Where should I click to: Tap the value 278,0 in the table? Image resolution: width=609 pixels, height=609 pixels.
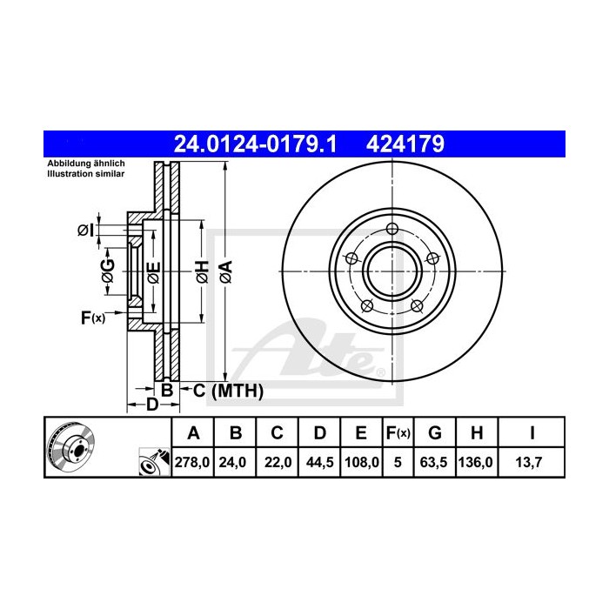(193, 463)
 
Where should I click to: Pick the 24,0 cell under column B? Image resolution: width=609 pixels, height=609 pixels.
(235, 463)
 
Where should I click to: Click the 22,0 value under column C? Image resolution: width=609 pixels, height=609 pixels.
(277, 463)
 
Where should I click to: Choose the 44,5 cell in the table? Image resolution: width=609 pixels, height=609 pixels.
(318, 463)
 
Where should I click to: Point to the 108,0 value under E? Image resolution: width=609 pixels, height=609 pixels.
(361, 463)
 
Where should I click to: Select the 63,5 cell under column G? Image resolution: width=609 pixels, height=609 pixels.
(436, 463)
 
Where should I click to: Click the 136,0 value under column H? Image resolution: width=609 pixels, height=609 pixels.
(477, 463)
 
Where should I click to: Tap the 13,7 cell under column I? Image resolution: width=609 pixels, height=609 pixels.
(531, 463)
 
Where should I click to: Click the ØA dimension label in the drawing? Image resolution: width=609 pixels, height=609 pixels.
(225, 271)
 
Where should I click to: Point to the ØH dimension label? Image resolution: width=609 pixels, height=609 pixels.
(200, 271)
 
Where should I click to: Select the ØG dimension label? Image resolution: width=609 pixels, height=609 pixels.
(108, 272)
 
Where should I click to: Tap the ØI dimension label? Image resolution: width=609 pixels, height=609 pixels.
(85, 231)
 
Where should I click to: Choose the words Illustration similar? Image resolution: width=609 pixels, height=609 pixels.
(86, 175)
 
